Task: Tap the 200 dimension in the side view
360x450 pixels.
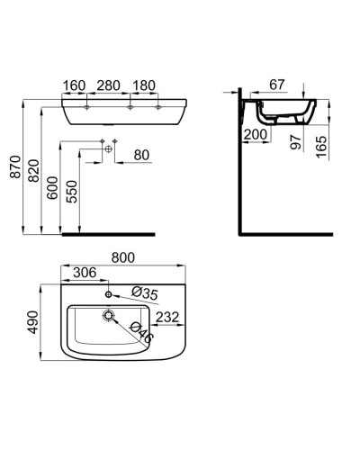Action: tap(255, 134)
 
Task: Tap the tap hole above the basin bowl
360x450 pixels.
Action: tap(109, 293)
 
